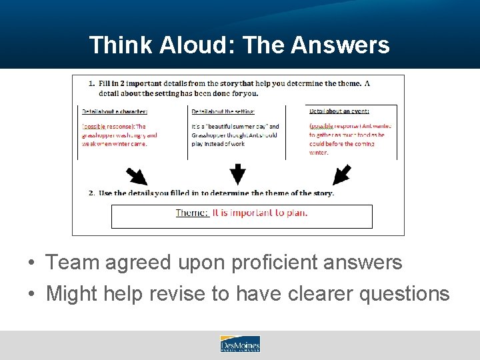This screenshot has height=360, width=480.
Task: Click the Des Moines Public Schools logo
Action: pyautogui.click(x=240, y=344)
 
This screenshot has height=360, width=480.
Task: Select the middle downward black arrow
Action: pyautogui.click(x=238, y=175)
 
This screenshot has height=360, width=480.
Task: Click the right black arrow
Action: pyautogui.click(x=341, y=175)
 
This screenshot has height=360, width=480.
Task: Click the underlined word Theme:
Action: pyautogui.click(x=192, y=213)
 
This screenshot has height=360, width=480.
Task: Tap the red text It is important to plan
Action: pyautogui.click(x=260, y=213)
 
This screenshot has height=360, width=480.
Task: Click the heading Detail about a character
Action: pyautogui.click(x=115, y=111)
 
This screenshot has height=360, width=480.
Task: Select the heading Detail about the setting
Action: pyautogui.click(x=223, y=111)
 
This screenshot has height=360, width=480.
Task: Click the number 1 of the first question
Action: pyautogui.click(x=91, y=83)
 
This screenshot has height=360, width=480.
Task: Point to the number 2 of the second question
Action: pyautogui.click(x=91, y=193)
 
